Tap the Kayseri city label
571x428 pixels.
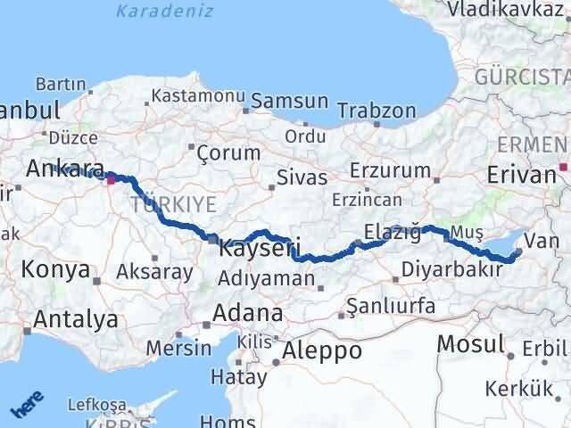point(259,248)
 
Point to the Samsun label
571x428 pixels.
point(289,102)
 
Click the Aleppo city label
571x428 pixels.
point(321,351)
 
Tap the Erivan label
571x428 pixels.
point(523,174)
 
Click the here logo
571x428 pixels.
point(28,406)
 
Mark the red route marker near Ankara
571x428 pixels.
point(111,179)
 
